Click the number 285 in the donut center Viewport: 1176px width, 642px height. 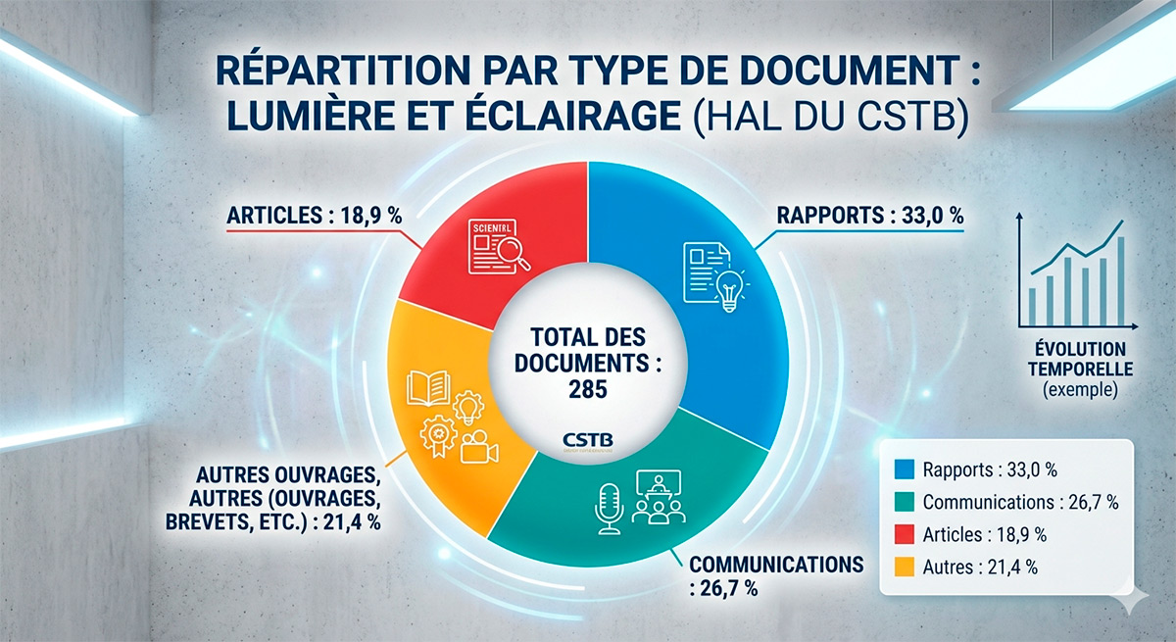coord(587,389)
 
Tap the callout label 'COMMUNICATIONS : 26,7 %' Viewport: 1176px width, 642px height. coord(774,575)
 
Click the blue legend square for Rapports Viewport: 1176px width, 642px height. coord(904,470)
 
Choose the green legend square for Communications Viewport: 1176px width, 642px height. coord(904,502)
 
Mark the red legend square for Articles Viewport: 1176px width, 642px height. coord(904,534)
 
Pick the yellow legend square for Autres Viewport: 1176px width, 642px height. coord(904,566)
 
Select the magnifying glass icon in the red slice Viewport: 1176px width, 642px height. coord(513,253)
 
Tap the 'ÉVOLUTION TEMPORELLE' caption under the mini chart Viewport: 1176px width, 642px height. coord(1077,360)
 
